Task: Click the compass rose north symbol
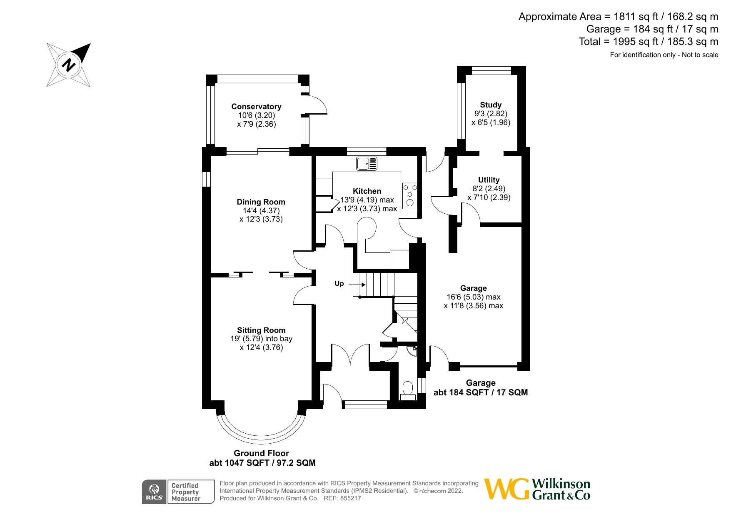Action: coord(69,65)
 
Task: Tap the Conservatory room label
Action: coord(256,107)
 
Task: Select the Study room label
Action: coord(490,105)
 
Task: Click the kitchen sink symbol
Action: coord(367,164)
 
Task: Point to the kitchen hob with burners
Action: coord(409,195)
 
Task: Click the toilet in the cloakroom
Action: coord(408,390)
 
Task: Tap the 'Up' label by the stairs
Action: coord(339,284)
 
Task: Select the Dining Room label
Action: coord(261,202)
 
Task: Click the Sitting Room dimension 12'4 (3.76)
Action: coord(261,347)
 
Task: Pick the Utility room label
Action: coord(489,180)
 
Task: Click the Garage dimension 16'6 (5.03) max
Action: coord(474,297)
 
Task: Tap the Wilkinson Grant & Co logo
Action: coord(537,489)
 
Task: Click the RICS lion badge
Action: coord(154,492)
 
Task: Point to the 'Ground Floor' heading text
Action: coord(261,453)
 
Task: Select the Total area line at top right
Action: coord(648,42)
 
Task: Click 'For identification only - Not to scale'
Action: coord(664,55)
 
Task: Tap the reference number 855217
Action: coord(351,498)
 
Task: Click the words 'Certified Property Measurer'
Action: coord(186,492)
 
